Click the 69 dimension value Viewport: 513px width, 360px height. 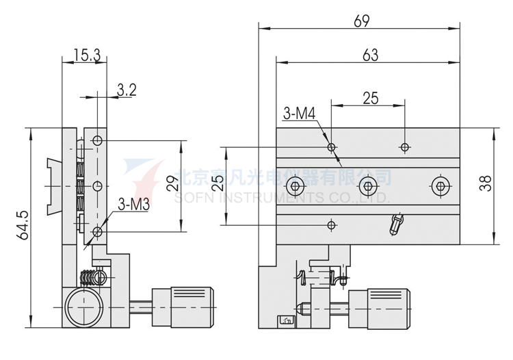click(x=362, y=21)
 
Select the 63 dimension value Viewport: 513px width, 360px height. click(x=370, y=55)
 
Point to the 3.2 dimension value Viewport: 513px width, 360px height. click(x=127, y=89)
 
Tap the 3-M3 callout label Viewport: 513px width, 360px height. click(x=133, y=204)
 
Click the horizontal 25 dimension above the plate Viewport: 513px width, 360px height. click(x=370, y=98)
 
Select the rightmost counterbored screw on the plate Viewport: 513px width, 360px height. click(x=440, y=185)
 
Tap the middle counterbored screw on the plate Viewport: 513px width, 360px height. click(x=368, y=185)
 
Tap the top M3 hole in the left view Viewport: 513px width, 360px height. click(x=97, y=140)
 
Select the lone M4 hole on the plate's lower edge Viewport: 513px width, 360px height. click(x=332, y=224)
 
